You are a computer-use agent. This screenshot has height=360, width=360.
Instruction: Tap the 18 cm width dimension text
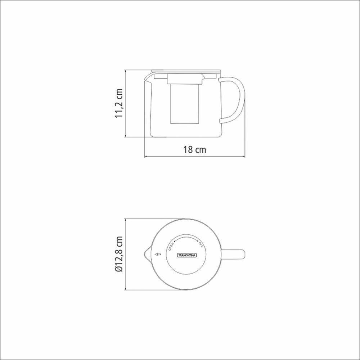tap(194, 150)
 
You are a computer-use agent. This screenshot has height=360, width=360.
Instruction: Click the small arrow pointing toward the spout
tap(157, 255)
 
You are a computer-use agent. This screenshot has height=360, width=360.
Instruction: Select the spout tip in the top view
tap(144, 255)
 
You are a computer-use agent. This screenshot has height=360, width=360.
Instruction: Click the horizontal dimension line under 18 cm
tap(194, 157)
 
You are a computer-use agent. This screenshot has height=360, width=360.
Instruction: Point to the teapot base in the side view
tap(185, 136)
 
